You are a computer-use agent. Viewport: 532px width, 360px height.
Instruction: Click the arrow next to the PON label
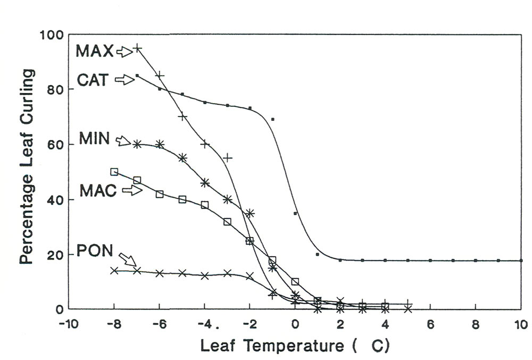(127, 259)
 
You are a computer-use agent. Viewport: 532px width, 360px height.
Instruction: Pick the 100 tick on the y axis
(52, 35)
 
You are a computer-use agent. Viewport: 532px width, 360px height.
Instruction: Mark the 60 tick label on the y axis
(56, 145)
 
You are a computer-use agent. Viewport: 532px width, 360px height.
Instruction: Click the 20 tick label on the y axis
(56, 254)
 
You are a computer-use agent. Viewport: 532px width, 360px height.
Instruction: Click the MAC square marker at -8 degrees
(114, 172)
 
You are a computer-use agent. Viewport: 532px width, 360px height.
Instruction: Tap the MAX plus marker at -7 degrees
(137, 48)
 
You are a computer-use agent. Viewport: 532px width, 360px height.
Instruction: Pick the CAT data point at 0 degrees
(295, 213)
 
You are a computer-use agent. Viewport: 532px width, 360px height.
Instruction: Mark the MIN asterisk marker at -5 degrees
(182, 158)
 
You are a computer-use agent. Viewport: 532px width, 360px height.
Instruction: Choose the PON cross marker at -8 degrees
(114, 271)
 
